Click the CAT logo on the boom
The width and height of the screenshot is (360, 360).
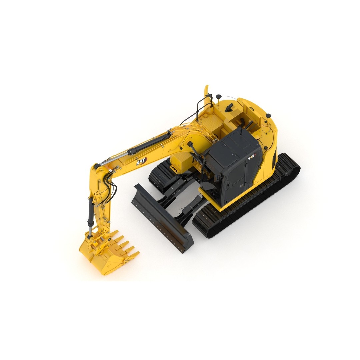pyautogui.click(x=141, y=162)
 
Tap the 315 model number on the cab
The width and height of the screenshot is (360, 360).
pyautogui.click(x=252, y=158)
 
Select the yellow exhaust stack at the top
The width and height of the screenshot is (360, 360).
pyautogui.click(x=207, y=92)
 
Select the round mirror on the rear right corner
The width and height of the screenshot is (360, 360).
pyautogui.click(x=268, y=116)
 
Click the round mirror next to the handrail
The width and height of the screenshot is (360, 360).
pyautogui.click(x=218, y=97)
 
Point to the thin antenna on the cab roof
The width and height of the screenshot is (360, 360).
pyautogui.click(x=248, y=125)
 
